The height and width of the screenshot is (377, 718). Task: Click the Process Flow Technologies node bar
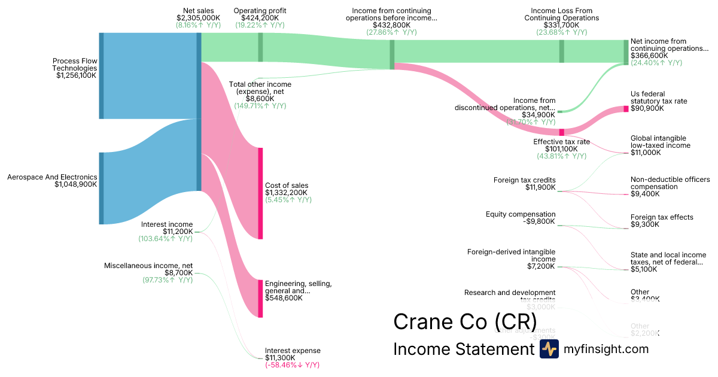(x=101, y=76)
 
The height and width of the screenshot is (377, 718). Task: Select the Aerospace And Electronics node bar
(x=101, y=188)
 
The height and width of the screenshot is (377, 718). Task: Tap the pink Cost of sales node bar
(x=260, y=193)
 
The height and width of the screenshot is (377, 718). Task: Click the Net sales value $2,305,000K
(x=198, y=19)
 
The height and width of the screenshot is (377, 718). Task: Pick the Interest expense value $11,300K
(x=285, y=358)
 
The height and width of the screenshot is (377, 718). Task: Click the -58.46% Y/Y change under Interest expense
(x=292, y=365)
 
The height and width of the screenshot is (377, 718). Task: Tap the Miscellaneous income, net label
(x=148, y=266)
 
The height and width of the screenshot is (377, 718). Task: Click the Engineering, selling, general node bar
(x=260, y=298)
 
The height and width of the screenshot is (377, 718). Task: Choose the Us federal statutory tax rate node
(x=626, y=108)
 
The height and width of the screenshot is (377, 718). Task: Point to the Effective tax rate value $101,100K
(x=561, y=149)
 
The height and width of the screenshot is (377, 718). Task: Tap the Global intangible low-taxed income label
(x=660, y=142)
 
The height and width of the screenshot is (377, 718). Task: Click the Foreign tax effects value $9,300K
(x=645, y=224)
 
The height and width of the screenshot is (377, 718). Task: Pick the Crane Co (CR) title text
(x=464, y=322)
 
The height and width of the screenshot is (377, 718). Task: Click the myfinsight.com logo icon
(x=549, y=349)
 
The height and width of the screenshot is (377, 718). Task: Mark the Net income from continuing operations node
(x=626, y=51)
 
